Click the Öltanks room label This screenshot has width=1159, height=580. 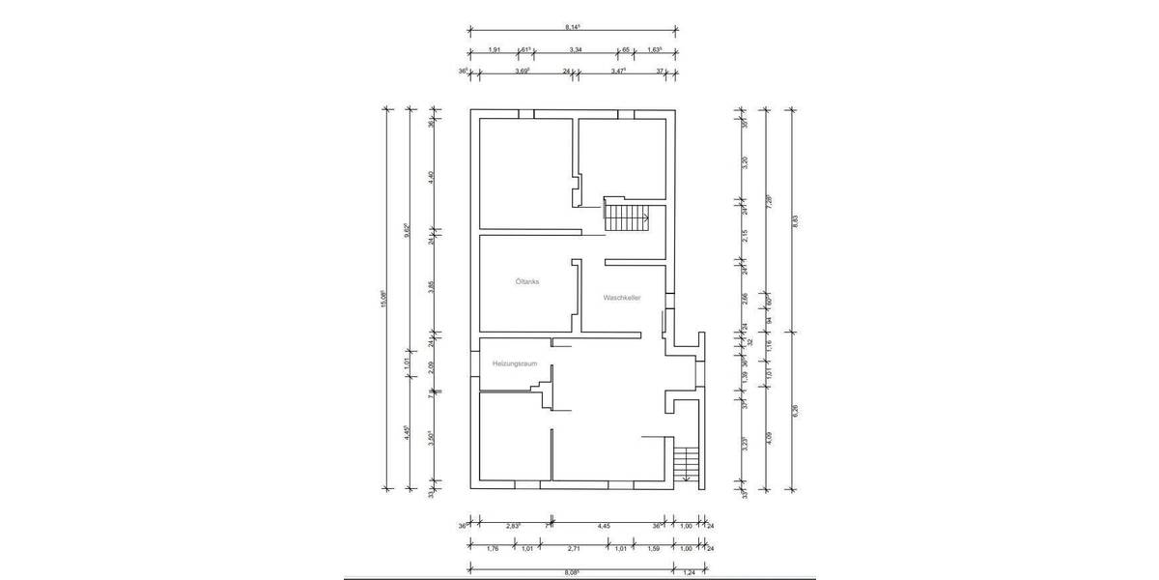pos(527,282)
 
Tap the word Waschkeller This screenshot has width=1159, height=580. pos(623,298)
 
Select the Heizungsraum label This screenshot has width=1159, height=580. pos(513,363)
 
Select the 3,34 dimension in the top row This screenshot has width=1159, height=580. pos(575,49)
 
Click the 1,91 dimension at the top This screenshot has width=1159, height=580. pos(494,49)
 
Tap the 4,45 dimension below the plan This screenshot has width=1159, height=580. pos(604,526)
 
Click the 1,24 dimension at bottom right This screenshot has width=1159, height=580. pos(688,572)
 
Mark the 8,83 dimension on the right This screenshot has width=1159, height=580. pos(794,220)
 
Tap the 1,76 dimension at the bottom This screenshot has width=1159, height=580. pos(492,549)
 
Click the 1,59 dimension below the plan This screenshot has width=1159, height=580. pos(652,549)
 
